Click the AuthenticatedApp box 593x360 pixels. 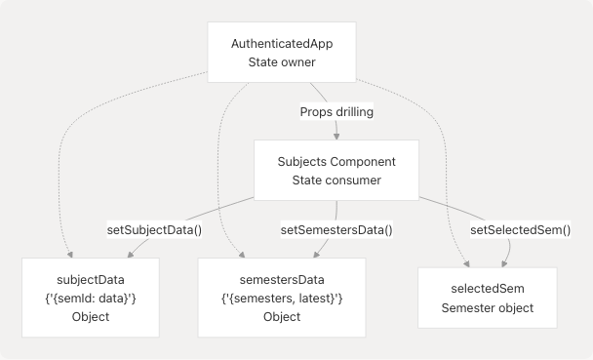click(x=282, y=55)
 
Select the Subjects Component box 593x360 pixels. click(x=336, y=171)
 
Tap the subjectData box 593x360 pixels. click(x=90, y=298)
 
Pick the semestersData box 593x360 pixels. click(x=281, y=298)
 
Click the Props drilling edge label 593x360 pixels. click(x=336, y=112)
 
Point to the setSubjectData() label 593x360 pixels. click(x=154, y=230)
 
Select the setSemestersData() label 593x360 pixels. click(x=336, y=230)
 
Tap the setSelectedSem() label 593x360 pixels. click(x=520, y=230)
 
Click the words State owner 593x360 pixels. click(x=282, y=64)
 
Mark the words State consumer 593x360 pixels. click(x=336, y=180)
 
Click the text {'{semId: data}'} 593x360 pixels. click(x=90, y=298)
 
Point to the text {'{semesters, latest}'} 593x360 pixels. click(x=281, y=298)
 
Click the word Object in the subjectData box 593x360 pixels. click(x=90, y=317)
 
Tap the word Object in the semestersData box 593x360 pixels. click(x=281, y=317)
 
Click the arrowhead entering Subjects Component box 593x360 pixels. click(x=337, y=137)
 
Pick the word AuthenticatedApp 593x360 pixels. click(x=282, y=45)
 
